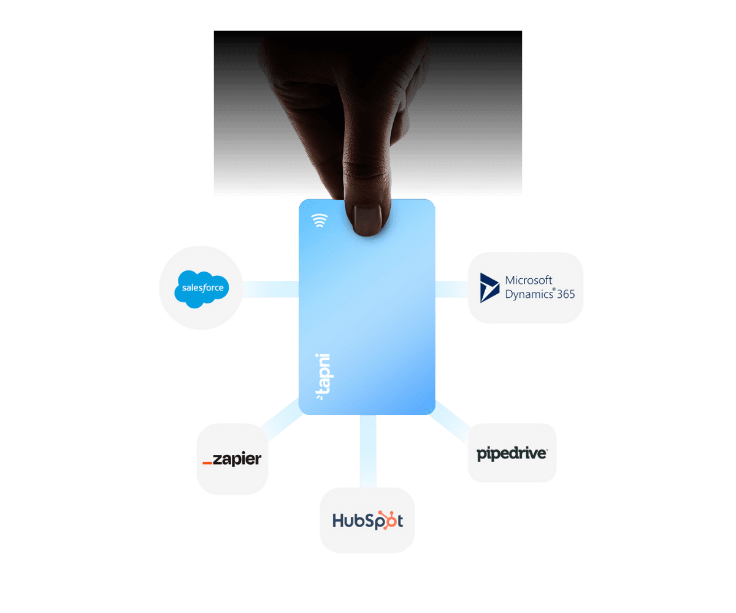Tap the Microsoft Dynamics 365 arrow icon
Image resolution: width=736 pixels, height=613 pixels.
pos(489,287)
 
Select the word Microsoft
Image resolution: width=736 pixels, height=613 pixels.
pos(529,280)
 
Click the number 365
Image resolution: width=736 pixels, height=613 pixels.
pos(565,294)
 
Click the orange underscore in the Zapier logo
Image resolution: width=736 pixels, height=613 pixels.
pos(207,463)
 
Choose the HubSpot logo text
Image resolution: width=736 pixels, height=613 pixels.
pos(367,520)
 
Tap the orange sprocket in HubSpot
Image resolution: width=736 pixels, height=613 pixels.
pos(386,520)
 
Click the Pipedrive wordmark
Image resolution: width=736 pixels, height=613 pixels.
pos(512,454)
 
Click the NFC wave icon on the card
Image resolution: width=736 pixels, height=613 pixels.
pos(319,220)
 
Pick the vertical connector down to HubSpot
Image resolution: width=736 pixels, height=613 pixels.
pos(368,451)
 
